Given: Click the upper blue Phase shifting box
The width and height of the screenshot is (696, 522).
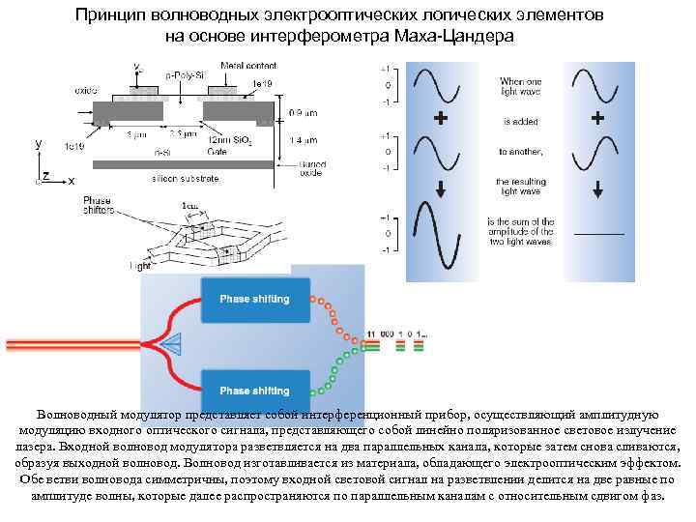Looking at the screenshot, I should (254, 299).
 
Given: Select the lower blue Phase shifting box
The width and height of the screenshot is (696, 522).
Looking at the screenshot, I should (254, 391).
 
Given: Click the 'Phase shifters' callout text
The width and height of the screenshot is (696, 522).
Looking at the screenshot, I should (125, 206).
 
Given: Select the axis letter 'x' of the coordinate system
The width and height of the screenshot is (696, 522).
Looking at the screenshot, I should (72, 181).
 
